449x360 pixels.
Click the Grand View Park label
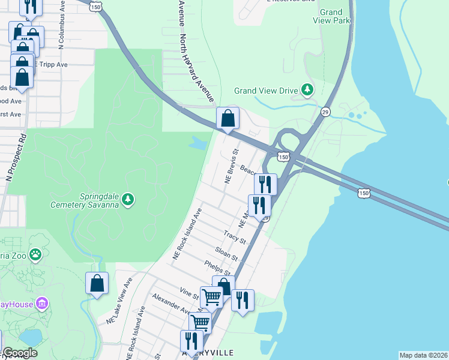point(331,16)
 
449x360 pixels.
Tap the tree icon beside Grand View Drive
point(307,91)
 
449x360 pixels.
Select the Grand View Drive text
point(265,91)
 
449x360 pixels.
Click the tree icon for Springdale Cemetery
point(127,199)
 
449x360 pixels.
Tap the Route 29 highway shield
point(325,112)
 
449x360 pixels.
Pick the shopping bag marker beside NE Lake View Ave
point(97,284)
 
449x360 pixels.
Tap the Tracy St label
point(234,236)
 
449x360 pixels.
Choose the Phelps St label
point(215,268)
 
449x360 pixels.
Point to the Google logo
point(20,353)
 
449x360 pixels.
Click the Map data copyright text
point(423,355)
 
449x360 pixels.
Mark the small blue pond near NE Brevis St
point(199,143)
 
